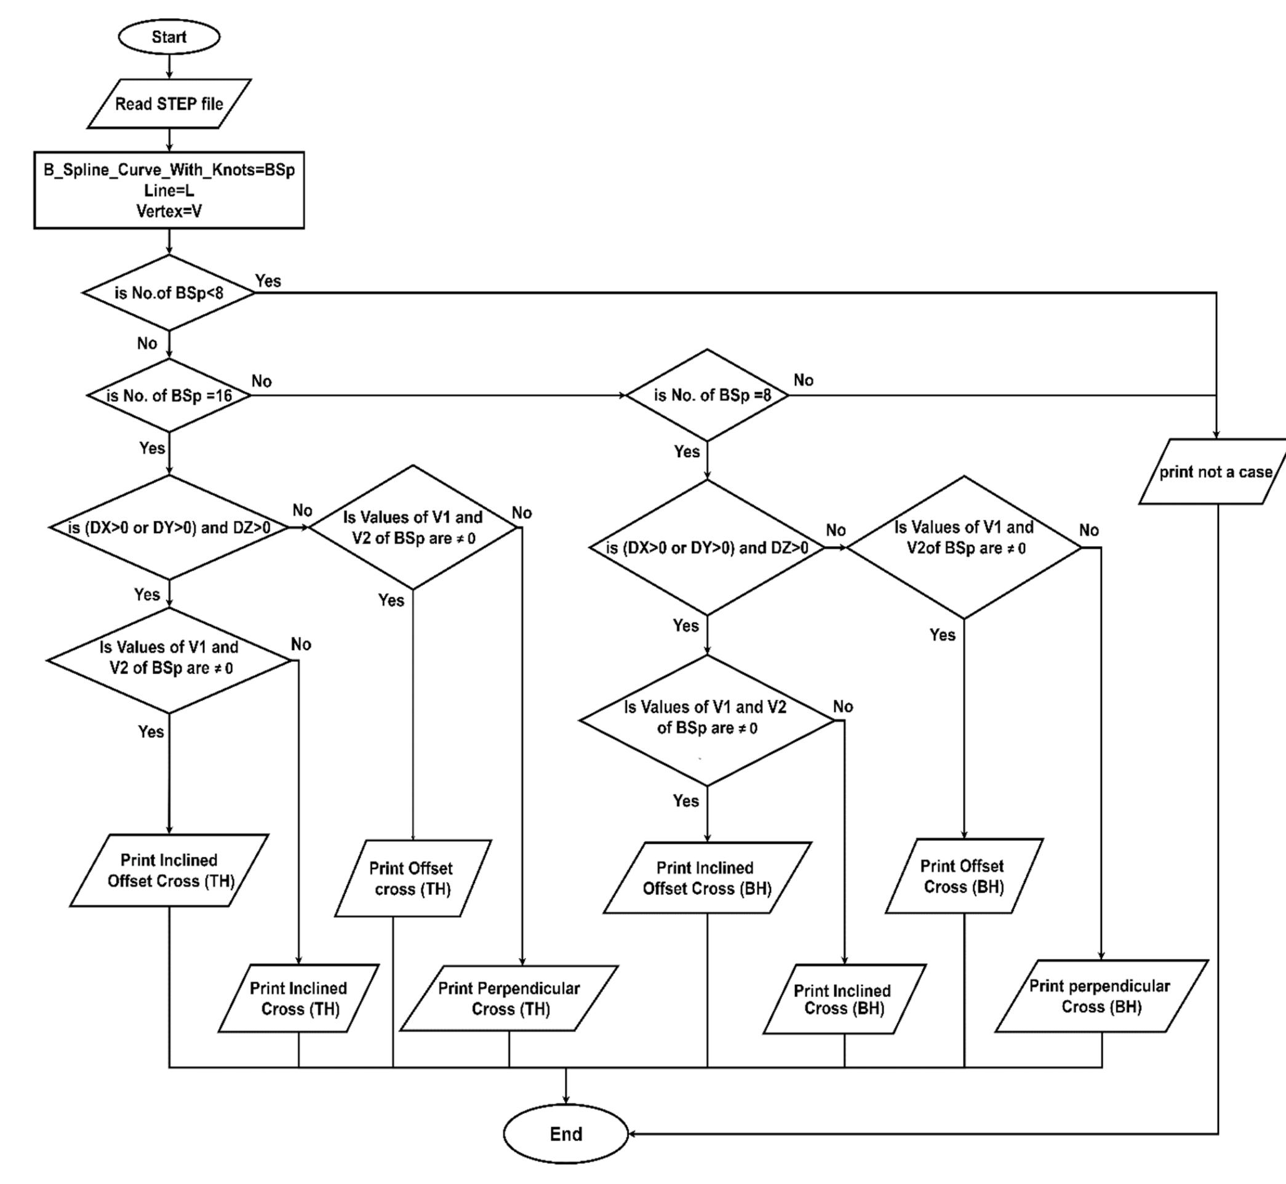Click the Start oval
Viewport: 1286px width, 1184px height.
coord(169,36)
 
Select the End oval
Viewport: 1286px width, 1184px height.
coord(565,1134)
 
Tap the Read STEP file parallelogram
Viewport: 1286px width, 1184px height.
coord(169,104)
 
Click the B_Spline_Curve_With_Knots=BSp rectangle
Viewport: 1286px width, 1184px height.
coord(169,189)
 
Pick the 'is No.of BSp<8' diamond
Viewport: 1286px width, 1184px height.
coord(169,293)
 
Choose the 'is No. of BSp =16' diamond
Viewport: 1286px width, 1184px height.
coord(169,395)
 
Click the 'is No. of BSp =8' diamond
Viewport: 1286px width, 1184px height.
coord(707,395)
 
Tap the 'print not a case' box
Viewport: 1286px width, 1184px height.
coord(1214,472)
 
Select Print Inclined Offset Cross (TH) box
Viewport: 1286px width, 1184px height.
coord(169,870)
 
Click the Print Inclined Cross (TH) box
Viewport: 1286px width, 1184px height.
coord(299,998)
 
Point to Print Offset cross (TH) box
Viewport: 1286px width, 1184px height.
coord(412,878)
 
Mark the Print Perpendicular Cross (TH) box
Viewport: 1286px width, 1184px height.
coord(509,998)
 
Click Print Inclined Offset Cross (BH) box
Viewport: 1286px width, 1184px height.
coord(706,878)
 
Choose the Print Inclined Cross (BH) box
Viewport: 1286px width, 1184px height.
coord(844,999)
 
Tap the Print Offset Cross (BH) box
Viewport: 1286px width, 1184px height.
coord(964,876)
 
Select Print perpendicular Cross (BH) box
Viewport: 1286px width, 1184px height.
coord(1101,996)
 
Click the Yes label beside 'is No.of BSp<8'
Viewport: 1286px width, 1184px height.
coord(268,280)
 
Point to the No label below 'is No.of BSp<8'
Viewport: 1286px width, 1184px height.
coord(147,343)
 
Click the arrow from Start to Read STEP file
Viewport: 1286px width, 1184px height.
coord(169,66)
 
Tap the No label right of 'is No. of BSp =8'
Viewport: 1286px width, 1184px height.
coord(803,380)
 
